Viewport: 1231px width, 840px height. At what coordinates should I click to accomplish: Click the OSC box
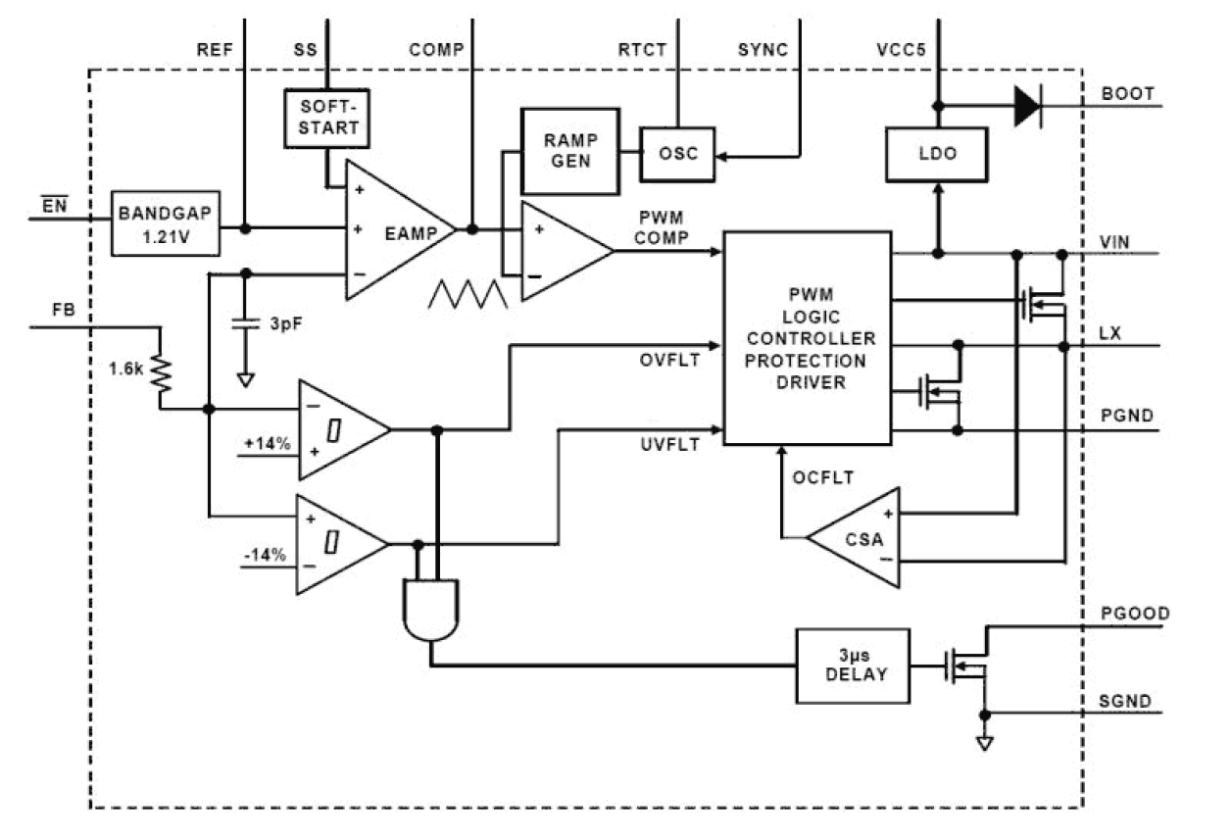pos(677,154)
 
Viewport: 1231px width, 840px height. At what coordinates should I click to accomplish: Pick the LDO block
pos(936,155)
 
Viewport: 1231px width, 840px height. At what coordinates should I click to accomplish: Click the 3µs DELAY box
pos(851,666)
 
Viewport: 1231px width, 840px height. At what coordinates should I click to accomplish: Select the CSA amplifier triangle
pos(858,537)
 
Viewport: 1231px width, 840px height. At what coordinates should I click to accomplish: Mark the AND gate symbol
pos(430,609)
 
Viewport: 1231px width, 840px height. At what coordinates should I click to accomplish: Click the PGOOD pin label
pos(1135,614)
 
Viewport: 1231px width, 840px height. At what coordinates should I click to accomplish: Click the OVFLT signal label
pos(670,360)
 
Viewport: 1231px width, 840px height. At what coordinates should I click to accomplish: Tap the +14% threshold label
pos(268,443)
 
